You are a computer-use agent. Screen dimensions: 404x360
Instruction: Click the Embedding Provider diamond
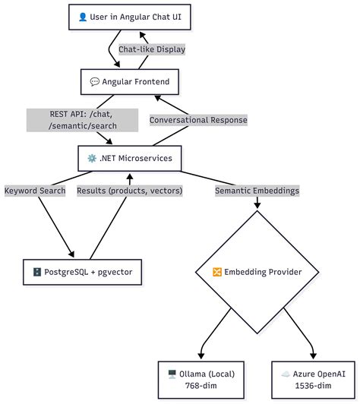[258, 271]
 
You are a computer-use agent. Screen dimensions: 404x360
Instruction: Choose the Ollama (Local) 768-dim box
[201, 380]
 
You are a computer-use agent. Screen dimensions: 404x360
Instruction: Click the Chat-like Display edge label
[152, 49]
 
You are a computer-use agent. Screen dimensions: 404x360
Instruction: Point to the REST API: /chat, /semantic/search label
[83, 119]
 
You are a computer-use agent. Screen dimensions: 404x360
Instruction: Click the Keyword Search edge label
[35, 191]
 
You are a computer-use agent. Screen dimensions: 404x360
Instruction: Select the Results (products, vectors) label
[129, 191]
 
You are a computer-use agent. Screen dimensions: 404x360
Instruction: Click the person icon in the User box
[83, 17]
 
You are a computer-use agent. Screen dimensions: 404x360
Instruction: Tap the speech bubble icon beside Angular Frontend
[95, 80]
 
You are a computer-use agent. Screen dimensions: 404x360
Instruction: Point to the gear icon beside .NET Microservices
[92, 159]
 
